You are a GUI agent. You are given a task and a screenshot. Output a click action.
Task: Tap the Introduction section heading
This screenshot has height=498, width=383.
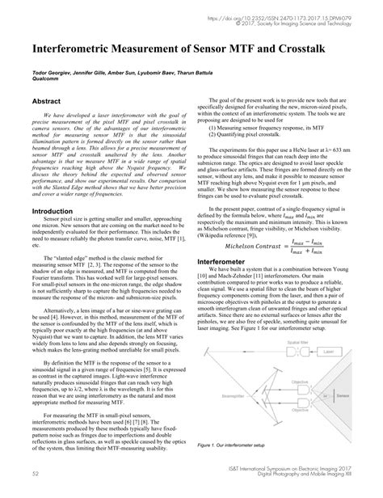53,212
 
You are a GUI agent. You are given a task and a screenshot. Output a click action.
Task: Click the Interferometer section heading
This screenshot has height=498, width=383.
226,240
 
